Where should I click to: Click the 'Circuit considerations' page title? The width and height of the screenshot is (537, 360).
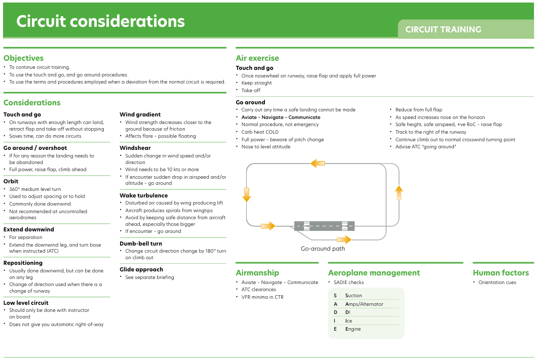point(100,21)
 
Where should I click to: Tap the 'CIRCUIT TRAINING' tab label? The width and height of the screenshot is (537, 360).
point(443,29)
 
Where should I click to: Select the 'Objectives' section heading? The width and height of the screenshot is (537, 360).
point(24,58)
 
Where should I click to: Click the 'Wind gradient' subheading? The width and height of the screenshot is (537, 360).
point(140,114)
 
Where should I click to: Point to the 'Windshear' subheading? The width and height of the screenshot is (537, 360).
point(135,148)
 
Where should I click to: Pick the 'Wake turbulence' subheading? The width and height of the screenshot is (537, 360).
point(143,195)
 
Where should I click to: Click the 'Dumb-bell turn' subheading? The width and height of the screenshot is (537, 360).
point(141,244)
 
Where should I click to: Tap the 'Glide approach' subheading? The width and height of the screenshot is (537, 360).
point(141,270)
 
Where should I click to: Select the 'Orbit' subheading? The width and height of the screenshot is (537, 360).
point(11,181)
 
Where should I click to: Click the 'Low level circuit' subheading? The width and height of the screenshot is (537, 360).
point(26,303)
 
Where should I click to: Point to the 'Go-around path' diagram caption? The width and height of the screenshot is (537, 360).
point(323,249)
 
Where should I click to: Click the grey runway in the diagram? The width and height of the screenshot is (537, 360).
point(324,226)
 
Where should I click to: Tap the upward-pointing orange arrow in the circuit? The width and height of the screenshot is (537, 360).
point(399,193)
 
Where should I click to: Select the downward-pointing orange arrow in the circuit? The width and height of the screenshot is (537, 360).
point(247,195)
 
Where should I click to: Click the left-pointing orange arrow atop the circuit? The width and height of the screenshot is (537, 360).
point(318,163)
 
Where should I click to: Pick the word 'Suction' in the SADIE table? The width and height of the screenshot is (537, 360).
point(354,295)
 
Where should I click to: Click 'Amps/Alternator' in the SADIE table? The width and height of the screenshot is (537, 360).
point(364,304)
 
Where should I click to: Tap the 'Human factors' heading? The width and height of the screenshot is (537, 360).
point(501,273)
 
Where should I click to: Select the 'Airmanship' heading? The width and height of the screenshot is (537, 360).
point(257,273)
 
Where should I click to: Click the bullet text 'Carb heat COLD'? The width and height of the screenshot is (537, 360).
point(260,132)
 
